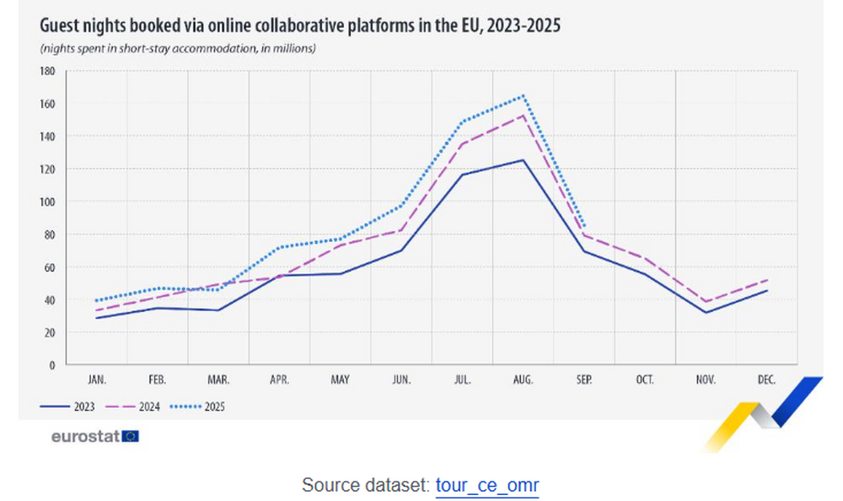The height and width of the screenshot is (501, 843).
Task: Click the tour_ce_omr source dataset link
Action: tap(486, 486)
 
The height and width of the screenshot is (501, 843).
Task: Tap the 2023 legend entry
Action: tap(67, 406)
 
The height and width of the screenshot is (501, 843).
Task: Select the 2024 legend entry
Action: tap(132, 406)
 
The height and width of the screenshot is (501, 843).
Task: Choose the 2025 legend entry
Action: tap(198, 406)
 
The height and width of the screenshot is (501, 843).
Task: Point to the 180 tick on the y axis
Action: tap(47, 72)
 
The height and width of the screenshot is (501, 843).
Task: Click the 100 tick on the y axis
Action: tap(47, 202)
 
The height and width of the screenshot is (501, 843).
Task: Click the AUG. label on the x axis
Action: tap(523, 380)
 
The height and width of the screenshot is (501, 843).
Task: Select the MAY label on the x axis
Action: tap(340, 380)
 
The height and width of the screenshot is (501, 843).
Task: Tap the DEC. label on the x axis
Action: tap(766, 380)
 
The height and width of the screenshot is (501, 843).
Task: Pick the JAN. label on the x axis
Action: tap(97, 380)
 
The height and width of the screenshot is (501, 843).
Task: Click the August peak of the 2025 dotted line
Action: tap(524, 96)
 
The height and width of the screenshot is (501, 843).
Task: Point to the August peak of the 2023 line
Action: tap(524, 160)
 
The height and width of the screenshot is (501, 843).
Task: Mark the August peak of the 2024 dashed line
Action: tap(524, 115)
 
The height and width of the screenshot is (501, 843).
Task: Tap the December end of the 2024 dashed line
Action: tap(767, 280)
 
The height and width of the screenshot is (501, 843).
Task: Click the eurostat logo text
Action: tap(85, 436)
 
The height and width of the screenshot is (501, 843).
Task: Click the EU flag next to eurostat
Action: tap(131, 436)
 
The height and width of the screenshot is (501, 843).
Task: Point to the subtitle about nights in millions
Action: tap(178, 49)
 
